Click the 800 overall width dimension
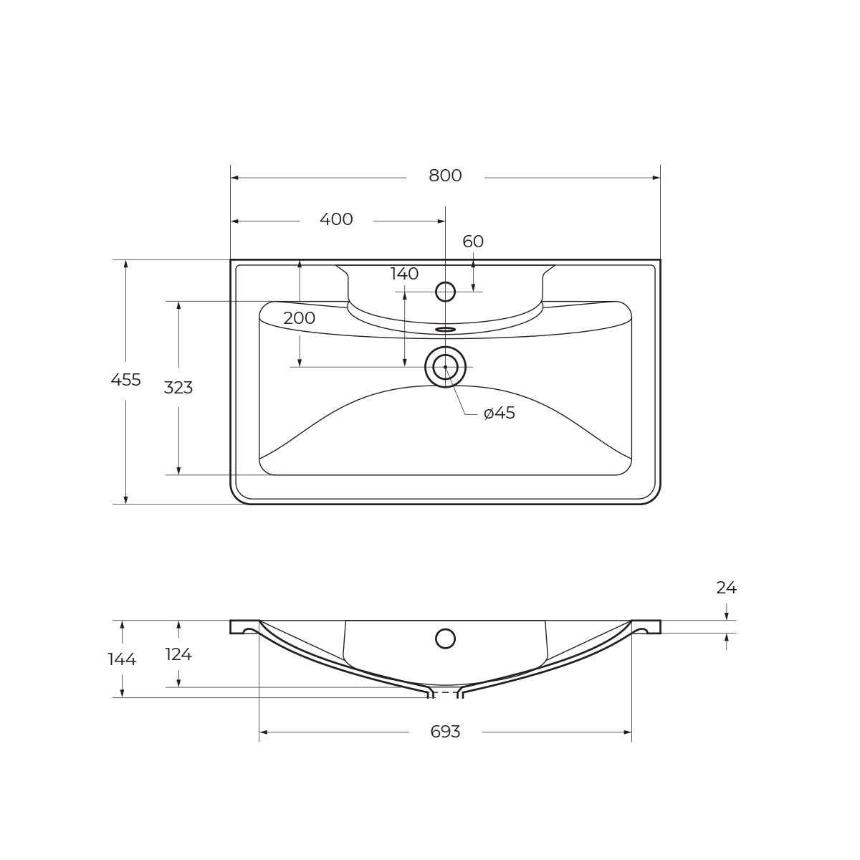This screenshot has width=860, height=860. [445, 176]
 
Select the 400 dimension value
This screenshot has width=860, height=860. [336, 219]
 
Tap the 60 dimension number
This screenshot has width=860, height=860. [473, 242]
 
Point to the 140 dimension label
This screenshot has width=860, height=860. [404, 274]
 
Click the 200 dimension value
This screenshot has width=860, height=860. [299, 318]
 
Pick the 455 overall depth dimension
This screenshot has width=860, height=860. [125, 380]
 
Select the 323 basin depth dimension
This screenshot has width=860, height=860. [178, 388]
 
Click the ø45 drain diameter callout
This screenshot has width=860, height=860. [500, 414]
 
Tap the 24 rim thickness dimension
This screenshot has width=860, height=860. [726, 588]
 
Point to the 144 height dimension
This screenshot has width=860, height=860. [122, 659]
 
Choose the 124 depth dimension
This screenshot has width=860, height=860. [178, 654]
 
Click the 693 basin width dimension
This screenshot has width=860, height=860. [445, 732]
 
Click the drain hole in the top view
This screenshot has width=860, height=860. [445, 367]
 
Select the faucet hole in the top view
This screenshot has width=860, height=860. [445, 292]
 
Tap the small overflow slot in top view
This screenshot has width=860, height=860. [445, 330]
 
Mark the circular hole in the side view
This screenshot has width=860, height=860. [445, 639]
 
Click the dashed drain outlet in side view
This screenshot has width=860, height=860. [445, 693]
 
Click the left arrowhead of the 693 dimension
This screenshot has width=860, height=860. [263, 732]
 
